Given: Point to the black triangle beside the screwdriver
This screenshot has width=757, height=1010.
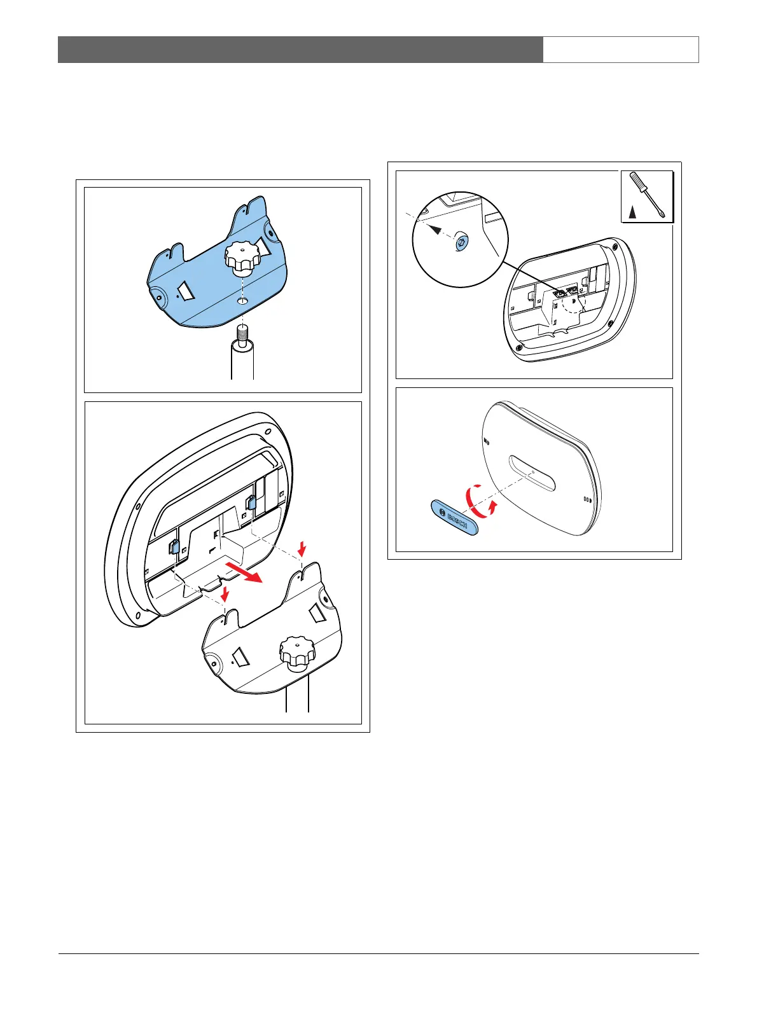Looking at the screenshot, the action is click(x=632, y=212).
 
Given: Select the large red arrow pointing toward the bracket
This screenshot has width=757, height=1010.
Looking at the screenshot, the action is click(x=244, y=572).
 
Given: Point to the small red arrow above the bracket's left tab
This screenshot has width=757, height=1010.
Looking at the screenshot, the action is click(x=225, y=593).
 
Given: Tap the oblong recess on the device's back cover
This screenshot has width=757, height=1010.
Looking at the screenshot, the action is click(x=532, y=473).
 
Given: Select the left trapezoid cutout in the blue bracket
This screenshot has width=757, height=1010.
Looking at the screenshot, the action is click(x=187, y=291).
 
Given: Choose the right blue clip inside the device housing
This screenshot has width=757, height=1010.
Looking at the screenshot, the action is click(x=251, y=502).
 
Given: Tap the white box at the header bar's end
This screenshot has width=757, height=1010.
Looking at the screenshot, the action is click(x=621, y=50).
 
